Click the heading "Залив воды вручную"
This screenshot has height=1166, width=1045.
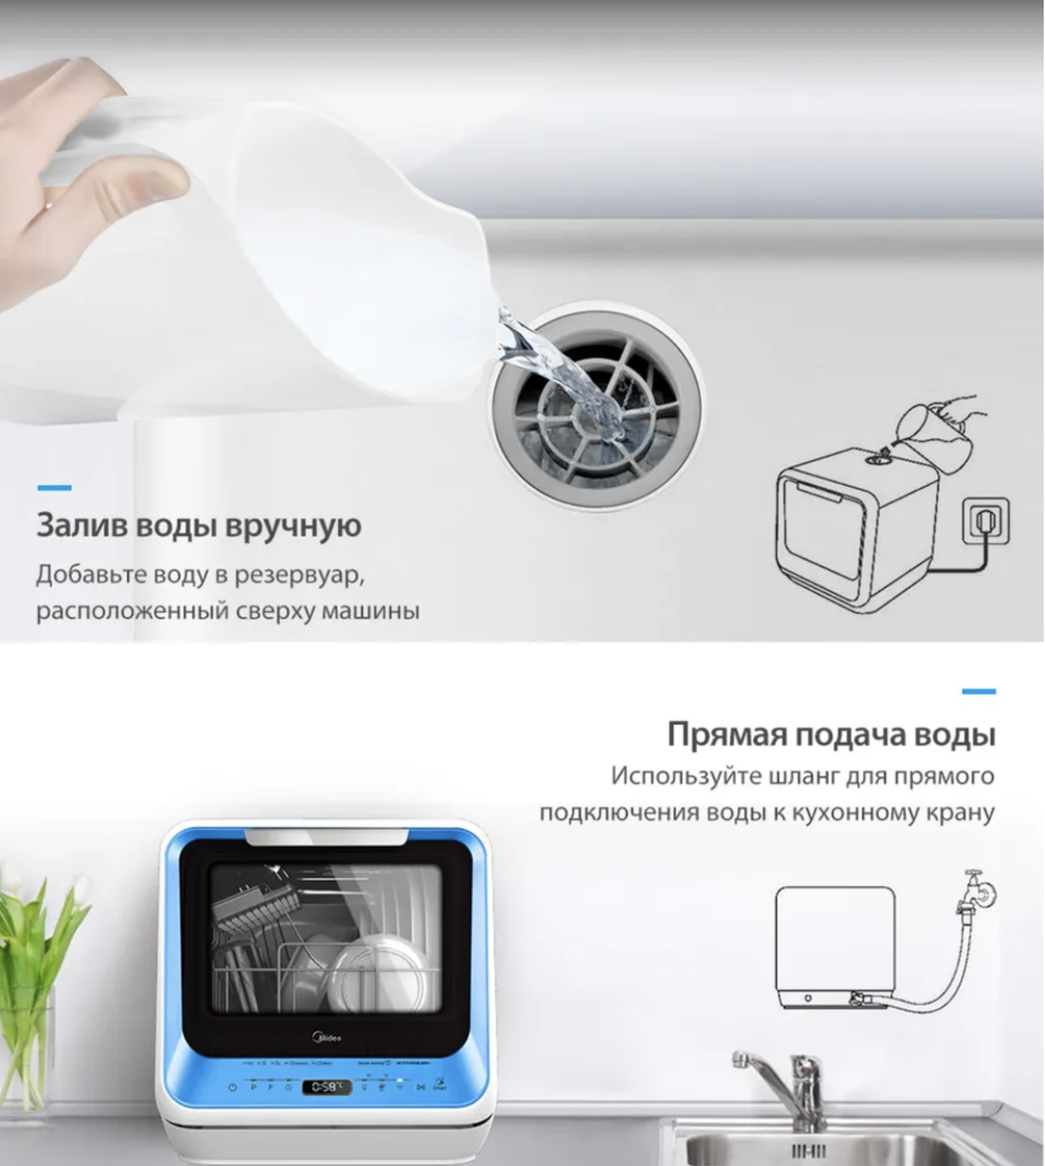(198, 526)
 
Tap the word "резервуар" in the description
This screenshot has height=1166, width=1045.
(296, 574)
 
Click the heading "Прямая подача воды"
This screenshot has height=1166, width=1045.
(831, 734)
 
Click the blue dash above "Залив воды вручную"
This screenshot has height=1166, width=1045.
(53, 487)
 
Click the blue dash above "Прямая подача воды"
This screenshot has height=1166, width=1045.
(978, 691)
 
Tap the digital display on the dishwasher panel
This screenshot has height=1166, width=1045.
(326, 1086)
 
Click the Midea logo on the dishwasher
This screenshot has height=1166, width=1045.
(330, 1040)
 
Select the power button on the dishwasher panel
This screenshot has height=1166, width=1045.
(232, 1087)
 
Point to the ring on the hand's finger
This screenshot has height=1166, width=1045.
(46, 203)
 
